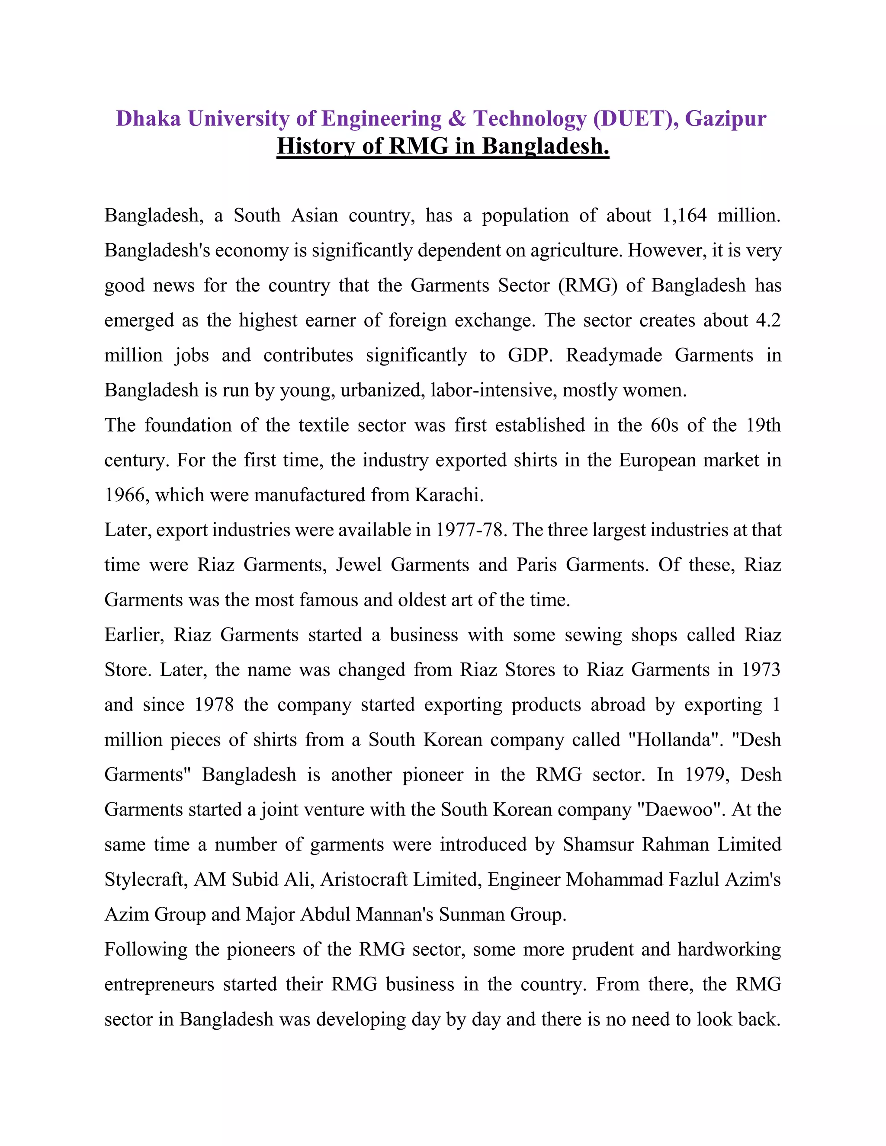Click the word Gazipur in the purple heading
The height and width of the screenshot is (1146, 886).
click(x=725, y=118)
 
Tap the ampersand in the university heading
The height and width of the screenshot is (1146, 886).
click(x=457, y=118)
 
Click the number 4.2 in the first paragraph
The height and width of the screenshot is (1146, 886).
click(x=768, y=320)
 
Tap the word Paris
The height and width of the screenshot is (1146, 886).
click(x=536, y=565)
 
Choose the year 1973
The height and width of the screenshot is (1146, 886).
click(x=761, y=670)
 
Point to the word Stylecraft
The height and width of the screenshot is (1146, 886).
click(x=145, y=880)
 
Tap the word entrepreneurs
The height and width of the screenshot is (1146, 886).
click(x=159, y=984)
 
